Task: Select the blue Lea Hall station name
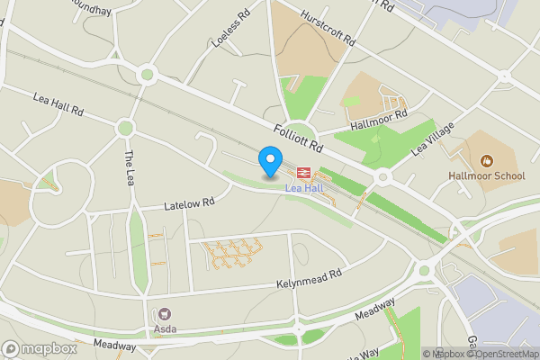(303, 188)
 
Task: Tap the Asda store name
(165, 328)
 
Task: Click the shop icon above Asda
(165, 314)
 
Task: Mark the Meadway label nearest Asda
(114, 345)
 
